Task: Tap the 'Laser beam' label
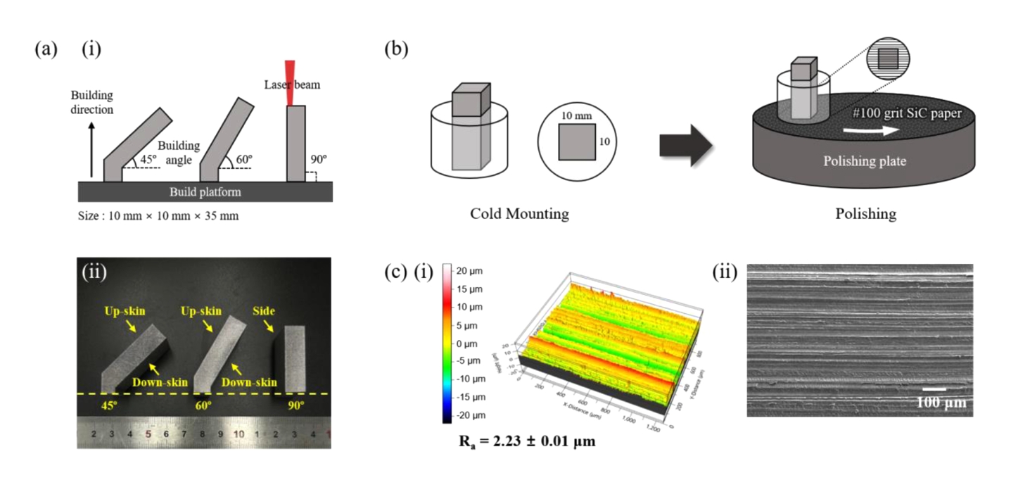[291, 85]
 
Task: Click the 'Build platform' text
[205, 191]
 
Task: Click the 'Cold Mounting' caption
[519, 213]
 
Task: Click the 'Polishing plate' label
[865, 161]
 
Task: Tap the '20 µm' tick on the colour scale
[467, 271]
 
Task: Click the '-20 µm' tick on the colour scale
[467, 415]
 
